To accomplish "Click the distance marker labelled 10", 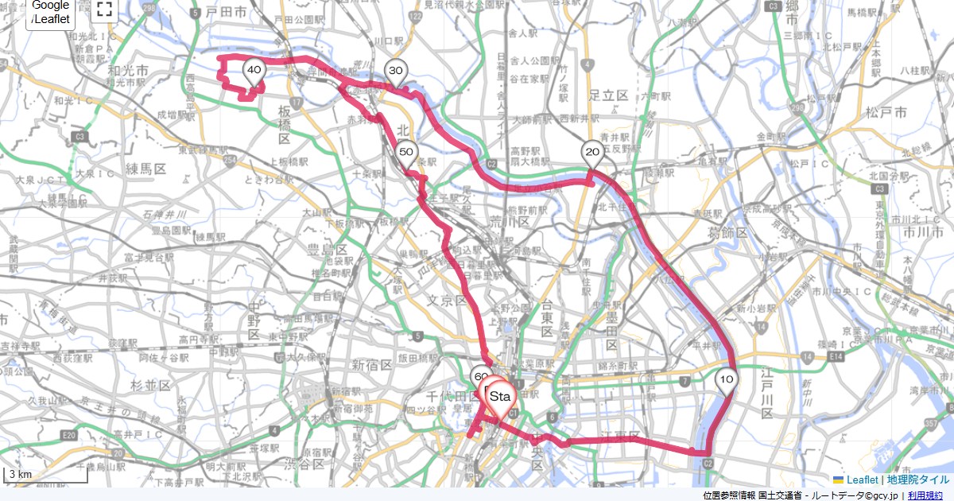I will [x=726, y=380].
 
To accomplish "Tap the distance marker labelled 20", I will [x=591, y=152].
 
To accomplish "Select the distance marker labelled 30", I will [x=395, y=72].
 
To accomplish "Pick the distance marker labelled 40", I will [x=254, y=71].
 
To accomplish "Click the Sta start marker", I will [x=500, y=396].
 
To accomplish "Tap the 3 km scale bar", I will [x=46, y=476].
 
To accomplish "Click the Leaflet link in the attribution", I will [x=862, y=480].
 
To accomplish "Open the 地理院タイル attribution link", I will [x=918, y=480].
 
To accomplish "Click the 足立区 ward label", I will [x=609, y=95].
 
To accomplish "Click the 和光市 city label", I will [x=127, y=72].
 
